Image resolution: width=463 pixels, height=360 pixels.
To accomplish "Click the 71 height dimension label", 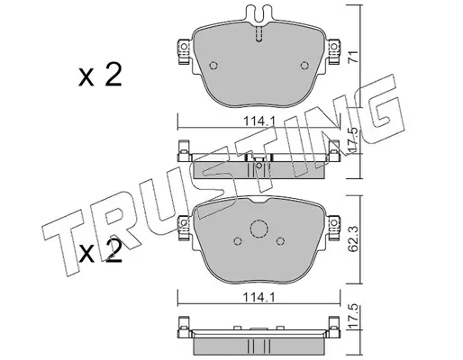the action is pos(353,57).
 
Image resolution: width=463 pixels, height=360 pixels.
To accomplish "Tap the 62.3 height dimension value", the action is pos(353,239).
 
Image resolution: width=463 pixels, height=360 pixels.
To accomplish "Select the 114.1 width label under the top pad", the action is pos(259,121).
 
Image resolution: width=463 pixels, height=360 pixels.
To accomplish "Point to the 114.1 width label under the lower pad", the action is pos(259,298).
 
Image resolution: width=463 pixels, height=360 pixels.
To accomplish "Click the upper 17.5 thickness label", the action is pos(353,141).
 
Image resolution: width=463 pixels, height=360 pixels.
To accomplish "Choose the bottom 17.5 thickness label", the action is pos(353,317).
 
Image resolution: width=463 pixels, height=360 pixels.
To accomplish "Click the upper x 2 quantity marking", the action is pos(100,75).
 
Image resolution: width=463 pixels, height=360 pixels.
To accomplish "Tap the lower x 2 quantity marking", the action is pos(100,251).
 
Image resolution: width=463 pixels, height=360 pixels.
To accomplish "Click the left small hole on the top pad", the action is pos(213,66).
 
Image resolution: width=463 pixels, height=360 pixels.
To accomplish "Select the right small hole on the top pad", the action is pos(304,66).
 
